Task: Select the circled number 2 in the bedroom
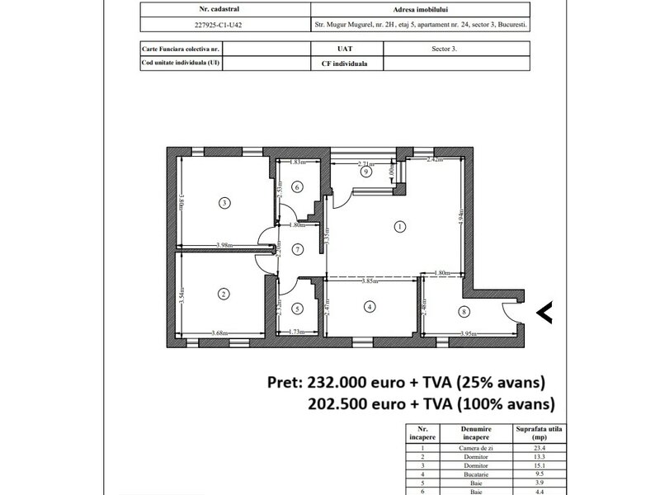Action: tap(223, 293)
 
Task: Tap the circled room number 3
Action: tap(223, 202)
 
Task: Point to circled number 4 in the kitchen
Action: tap(370, 307)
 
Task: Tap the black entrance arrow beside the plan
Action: tap(544, 311)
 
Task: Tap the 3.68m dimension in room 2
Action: tap(220, 332)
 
